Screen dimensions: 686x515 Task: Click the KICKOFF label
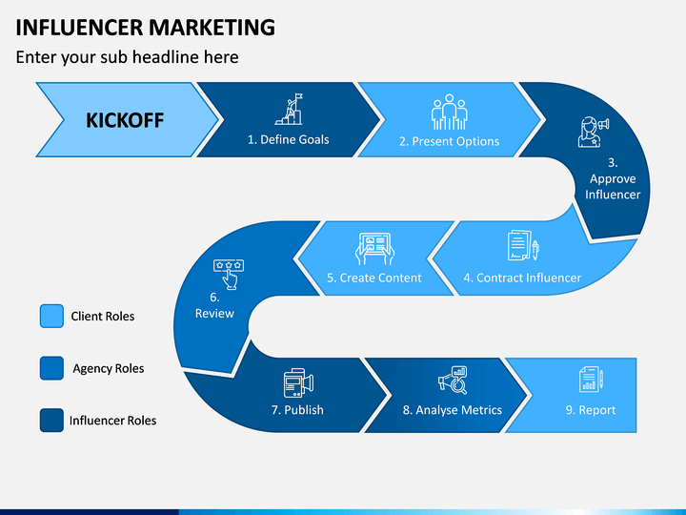[125, 120]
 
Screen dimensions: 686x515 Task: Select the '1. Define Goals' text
[289, 139]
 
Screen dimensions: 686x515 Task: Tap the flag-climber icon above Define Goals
[290, 110]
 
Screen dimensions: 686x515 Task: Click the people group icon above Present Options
[450, 112]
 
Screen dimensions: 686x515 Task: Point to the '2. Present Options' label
[450, 141]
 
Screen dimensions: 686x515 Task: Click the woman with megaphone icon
[594, 132]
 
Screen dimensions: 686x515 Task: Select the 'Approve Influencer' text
[613, 187]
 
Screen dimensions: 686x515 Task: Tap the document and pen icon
[523, 245]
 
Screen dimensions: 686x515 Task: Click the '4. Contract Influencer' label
[522, 278]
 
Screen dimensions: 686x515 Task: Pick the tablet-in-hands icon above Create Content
[374, 248]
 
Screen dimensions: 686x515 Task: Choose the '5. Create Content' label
[374, 278]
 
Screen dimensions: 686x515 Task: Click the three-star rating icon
[229, 274]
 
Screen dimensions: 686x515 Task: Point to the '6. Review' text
[214, 305]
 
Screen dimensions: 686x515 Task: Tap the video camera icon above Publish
[298, 382]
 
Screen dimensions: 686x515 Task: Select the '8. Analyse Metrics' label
[453, 410]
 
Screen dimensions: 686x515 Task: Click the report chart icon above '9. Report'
[591, 380]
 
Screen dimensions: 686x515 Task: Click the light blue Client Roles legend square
[51, 317]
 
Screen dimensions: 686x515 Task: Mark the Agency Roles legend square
[51, 368]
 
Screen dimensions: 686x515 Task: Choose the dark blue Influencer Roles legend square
[51, 421]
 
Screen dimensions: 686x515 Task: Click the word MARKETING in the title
[212, 27]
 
